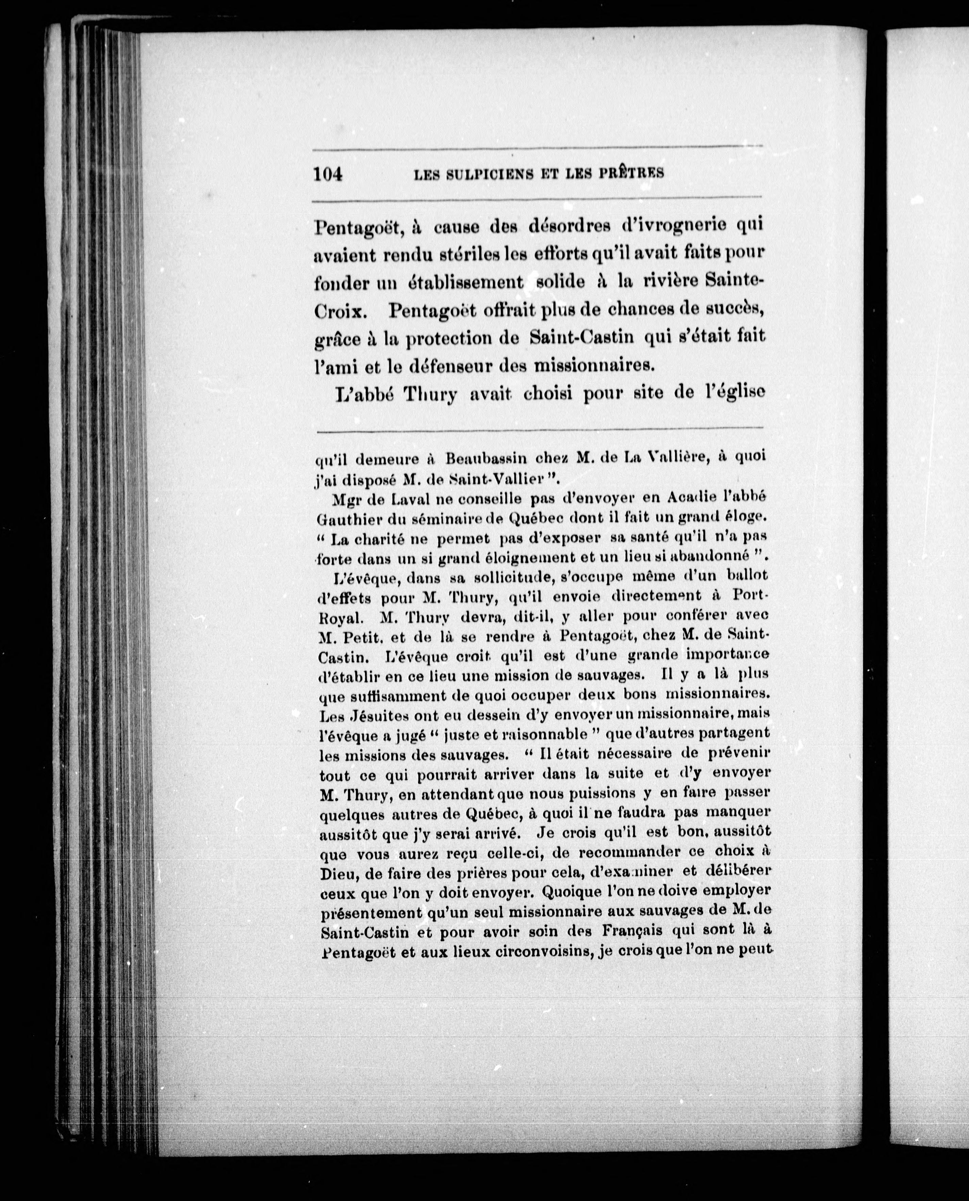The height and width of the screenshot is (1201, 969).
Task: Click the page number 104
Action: tap(328, 174)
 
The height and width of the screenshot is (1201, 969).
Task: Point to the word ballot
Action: tap(748, 575)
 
